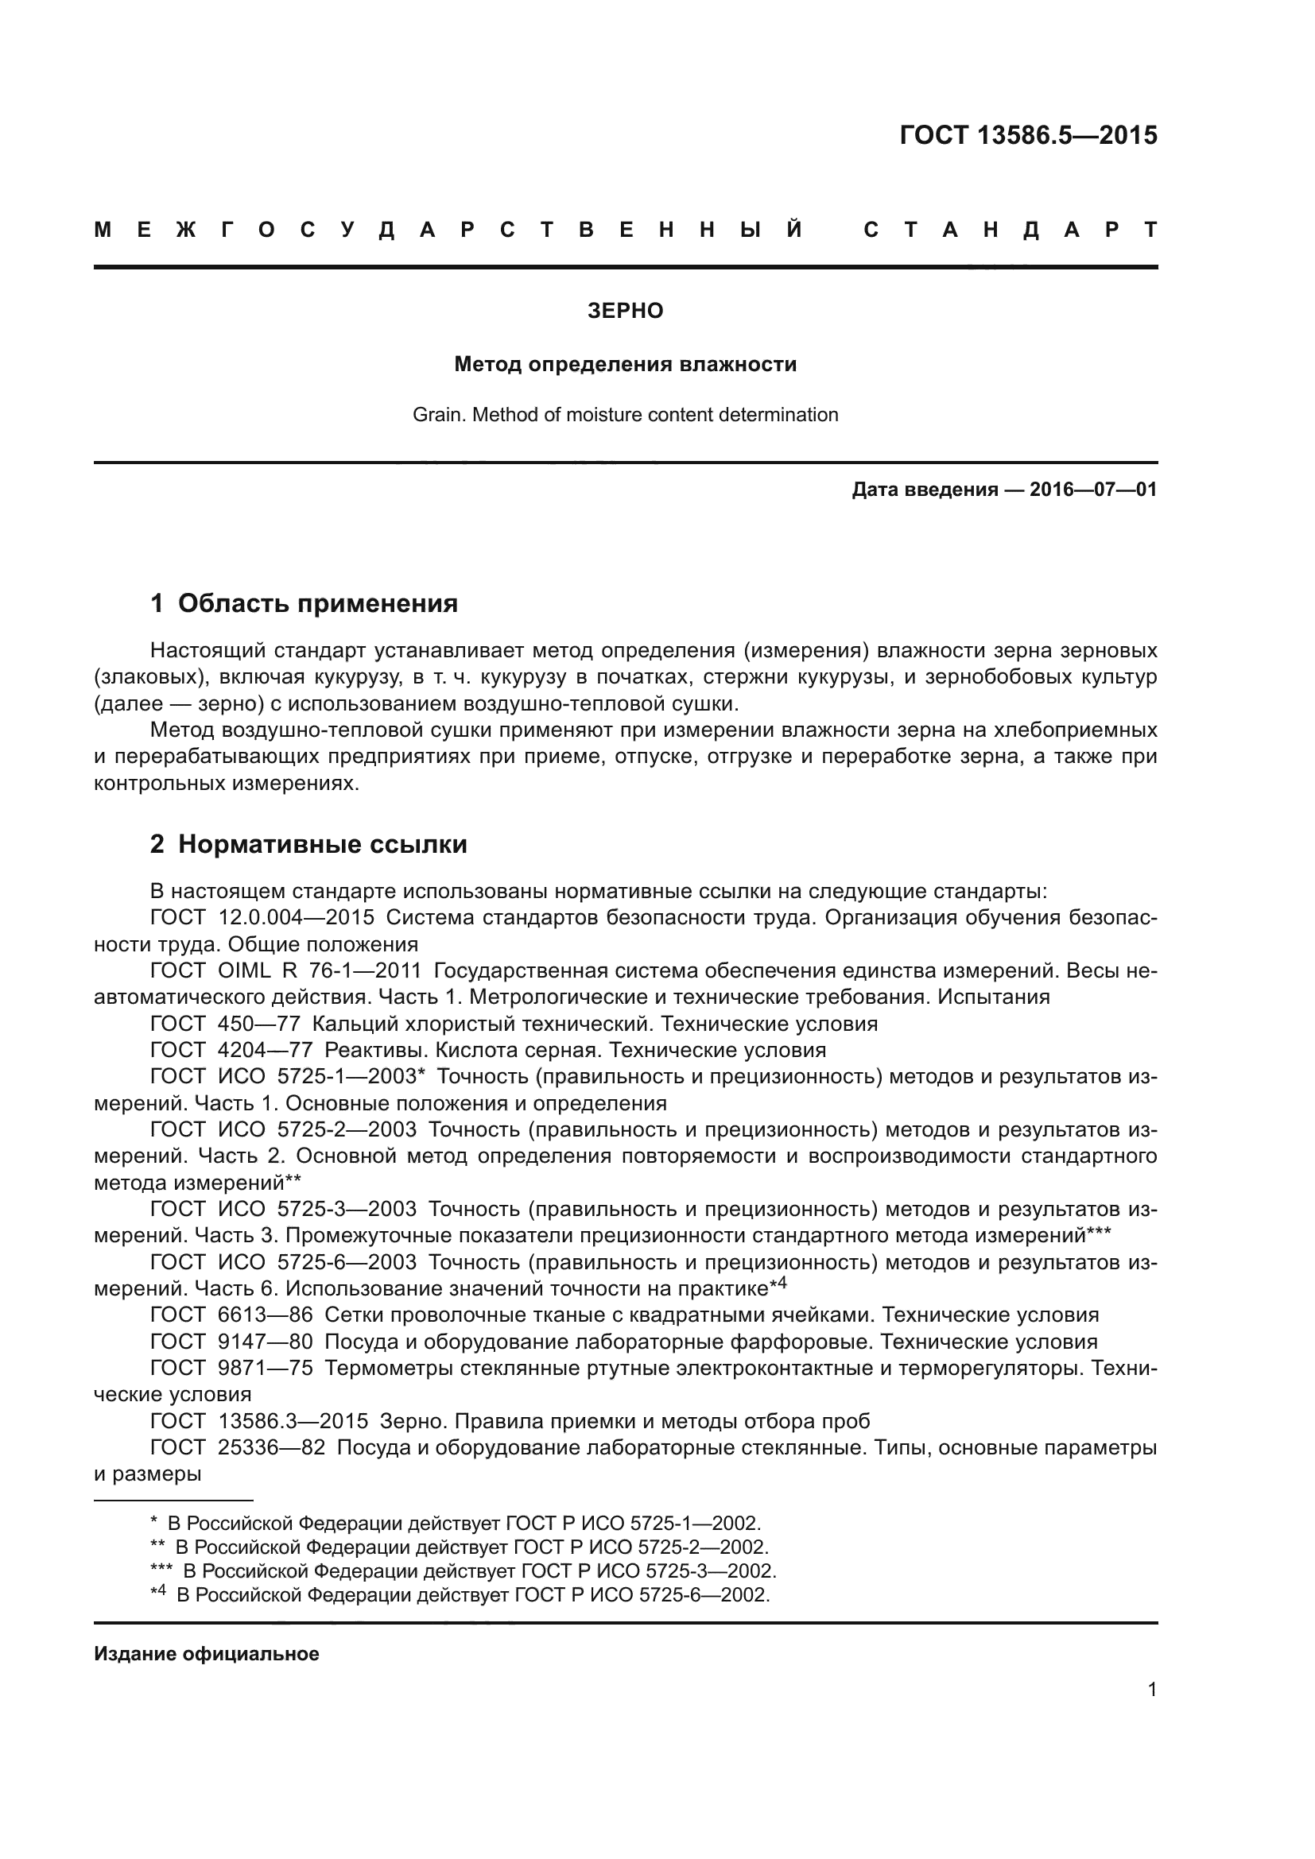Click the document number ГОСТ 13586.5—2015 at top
1027,135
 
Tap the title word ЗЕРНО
625,311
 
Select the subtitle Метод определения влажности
625,364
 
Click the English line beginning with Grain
625,415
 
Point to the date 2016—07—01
1092,489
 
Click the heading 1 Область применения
305,603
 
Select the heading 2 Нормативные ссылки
308,845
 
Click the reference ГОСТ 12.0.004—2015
262,917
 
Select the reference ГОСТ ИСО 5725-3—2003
283,1209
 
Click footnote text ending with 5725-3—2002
478,1570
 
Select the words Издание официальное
207,1654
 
